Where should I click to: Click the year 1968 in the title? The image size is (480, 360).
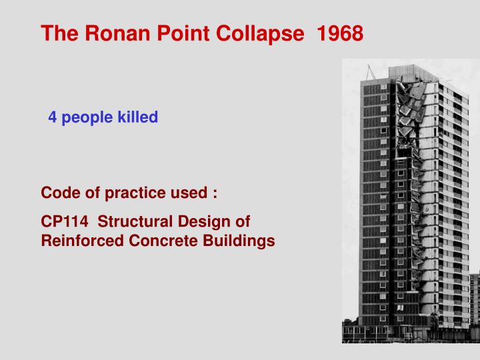[x=341, y=33]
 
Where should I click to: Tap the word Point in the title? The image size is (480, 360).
[x=177, y=33]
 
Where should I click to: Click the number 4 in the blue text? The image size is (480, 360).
[x=51, y=118]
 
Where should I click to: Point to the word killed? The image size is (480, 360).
[x=138, y=118]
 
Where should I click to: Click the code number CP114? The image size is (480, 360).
[x=65, y=221]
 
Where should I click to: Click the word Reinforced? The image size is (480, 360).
[x=81, y=241]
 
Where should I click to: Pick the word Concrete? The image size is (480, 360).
[x=163, y=241]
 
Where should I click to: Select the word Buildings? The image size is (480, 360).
[x=240, y=241]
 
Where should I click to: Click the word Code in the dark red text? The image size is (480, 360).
[x=59, y=193]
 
